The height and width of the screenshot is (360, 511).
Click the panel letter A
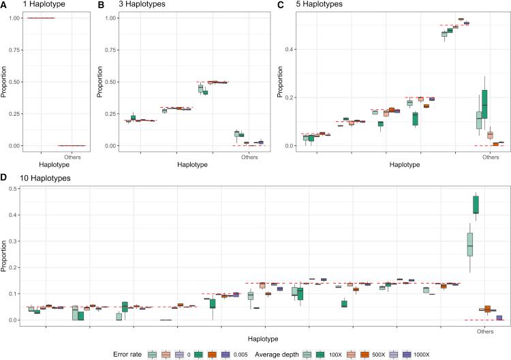[5, 5]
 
